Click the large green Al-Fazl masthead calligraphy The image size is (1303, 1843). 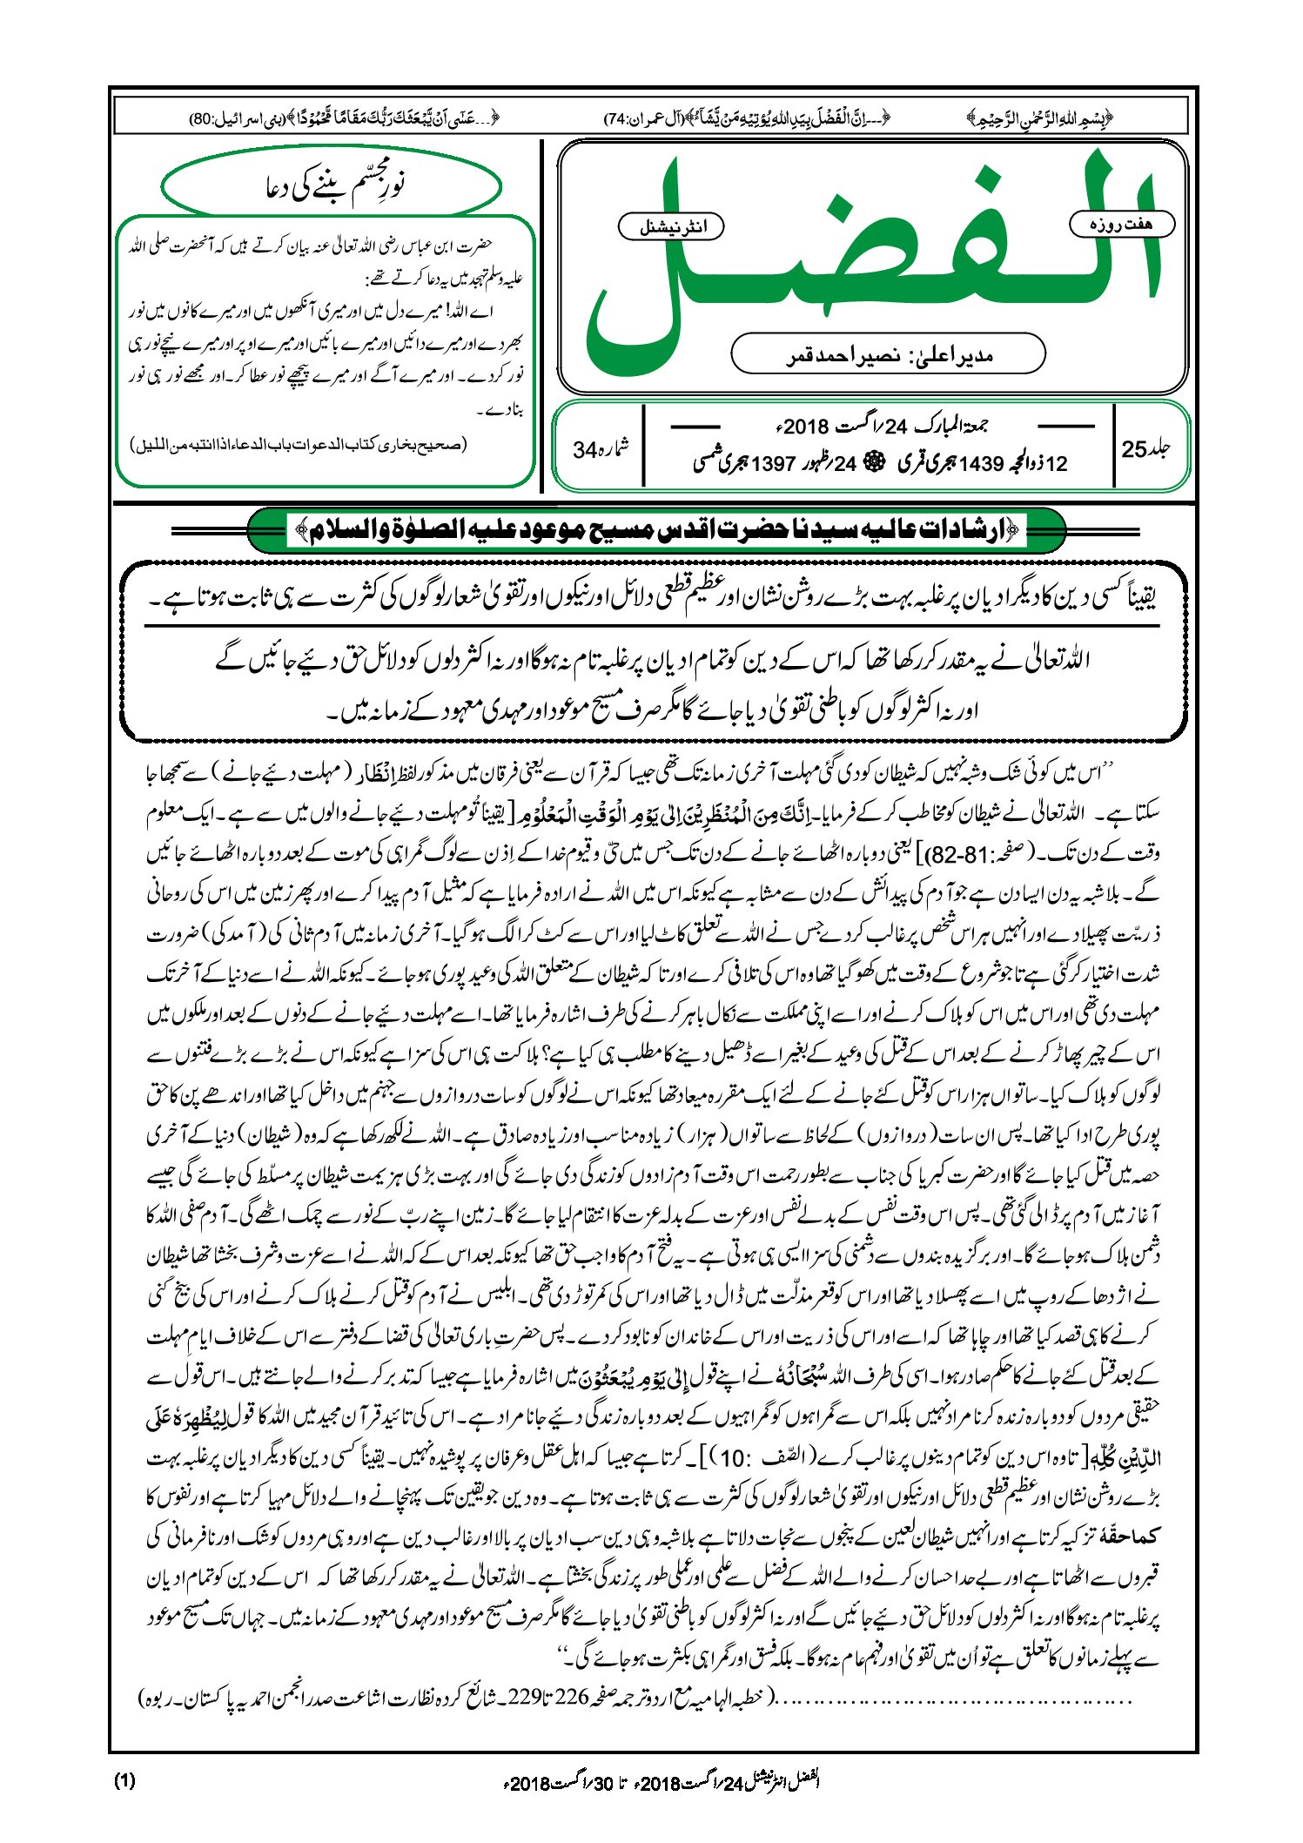[870, 261]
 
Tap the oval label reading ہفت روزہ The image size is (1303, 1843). [1121, 225]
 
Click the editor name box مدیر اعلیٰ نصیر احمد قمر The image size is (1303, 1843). [888, 354]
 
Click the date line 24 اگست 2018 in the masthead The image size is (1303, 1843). [879, 427]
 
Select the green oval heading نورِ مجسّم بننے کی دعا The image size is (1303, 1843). [332, 185]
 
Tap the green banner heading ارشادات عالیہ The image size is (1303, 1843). [656, 529]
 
